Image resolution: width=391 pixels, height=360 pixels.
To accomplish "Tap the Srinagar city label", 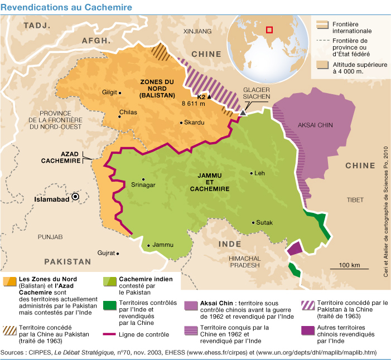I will (142, 185).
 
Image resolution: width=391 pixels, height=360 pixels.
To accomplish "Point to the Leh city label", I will (259, 173).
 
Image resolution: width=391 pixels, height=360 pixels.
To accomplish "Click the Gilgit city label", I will (110, 93).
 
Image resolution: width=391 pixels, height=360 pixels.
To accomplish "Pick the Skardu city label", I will (195, 123).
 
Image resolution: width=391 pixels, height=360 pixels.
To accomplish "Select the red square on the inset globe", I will (270, 29).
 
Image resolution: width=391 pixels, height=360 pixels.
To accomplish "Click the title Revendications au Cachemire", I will (66, 7).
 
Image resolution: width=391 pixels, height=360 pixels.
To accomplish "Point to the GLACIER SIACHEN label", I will (257, 93).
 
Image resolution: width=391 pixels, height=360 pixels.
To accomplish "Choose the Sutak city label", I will (265, 223).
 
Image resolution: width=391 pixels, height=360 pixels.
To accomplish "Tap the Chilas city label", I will (128, 113).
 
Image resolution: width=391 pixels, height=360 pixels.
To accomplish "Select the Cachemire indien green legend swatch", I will (110, 281).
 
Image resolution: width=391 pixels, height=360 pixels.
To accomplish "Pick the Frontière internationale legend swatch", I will (322, 25).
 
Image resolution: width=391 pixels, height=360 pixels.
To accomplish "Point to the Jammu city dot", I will (148, 245).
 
